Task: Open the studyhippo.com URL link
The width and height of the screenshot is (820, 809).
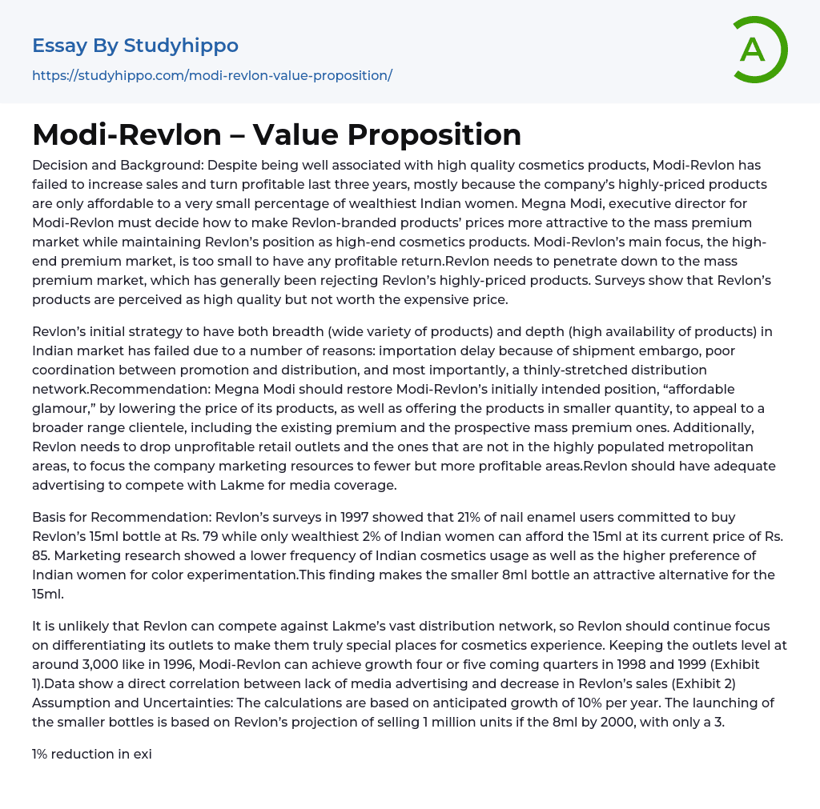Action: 211,76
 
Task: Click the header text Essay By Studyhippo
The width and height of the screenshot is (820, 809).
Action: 135,46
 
